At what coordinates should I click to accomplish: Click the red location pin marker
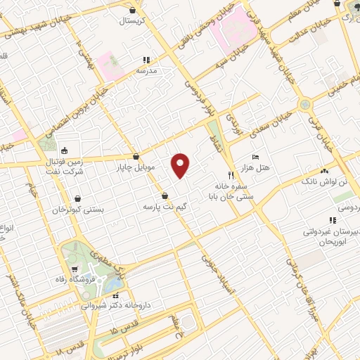pyautogui.click(x=181, y=165)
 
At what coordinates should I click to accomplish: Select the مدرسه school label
pyautogui.click(x=150, y=71)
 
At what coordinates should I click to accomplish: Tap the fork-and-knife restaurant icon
pyautogui.click(x=230, y=174)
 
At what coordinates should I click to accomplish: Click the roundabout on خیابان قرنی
pyautogui.click(x=305, y=104)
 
